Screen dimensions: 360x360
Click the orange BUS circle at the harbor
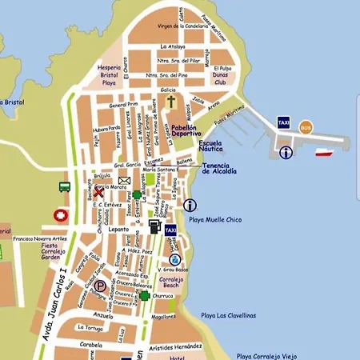click(306, 127)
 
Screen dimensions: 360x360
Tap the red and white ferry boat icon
click(324, 152)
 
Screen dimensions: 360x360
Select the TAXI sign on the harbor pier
click(283, 122)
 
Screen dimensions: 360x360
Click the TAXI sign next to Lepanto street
click(170, 230)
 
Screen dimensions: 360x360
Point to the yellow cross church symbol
click(170, 102)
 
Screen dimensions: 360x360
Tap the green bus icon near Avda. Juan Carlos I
click(65, 186)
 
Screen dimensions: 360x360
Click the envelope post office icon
click(124, 181)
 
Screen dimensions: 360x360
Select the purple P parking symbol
click(100, 285)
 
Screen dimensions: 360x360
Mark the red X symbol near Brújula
click(98, 192)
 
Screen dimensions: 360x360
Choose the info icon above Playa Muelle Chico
click(190, 205)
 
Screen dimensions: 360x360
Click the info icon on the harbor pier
click(286, 152)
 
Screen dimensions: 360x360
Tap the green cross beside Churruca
click(144, 295)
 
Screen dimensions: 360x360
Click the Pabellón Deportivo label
click(192, 130)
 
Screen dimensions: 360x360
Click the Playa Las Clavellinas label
click(229, 315)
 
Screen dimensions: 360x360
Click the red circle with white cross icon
click(61, 215)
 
